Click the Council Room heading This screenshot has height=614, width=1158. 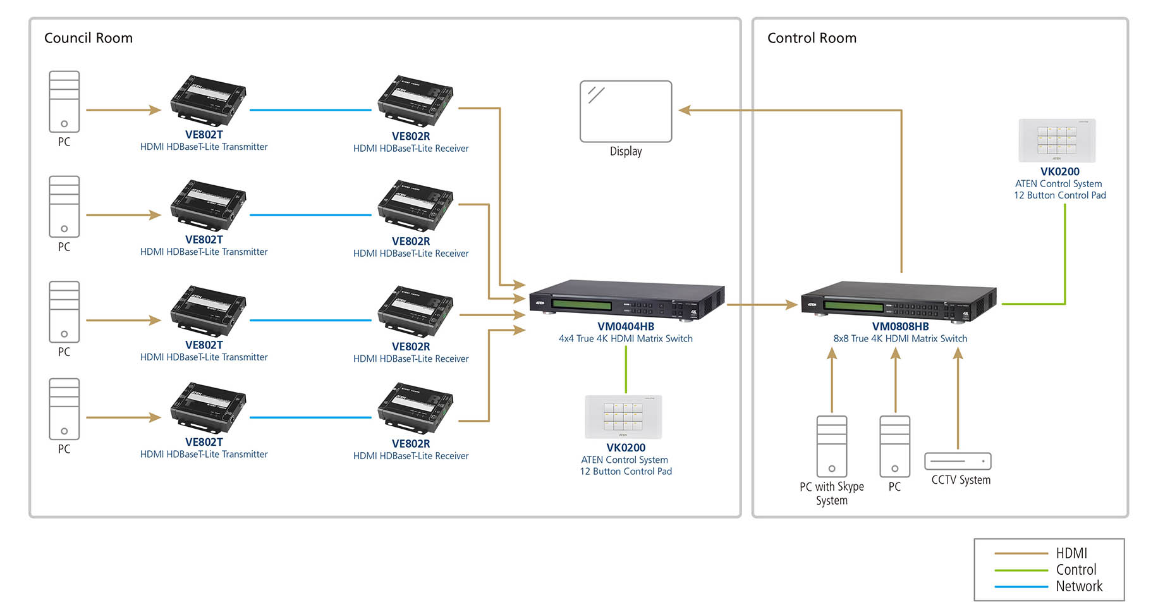click(x=88, y=38)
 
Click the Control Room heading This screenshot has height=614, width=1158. click(x=812, y=38)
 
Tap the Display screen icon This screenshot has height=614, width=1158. click(x=626, y=111)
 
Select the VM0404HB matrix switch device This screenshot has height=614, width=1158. click(x=626, y=300)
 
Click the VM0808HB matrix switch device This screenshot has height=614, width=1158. click(x=898, y=301)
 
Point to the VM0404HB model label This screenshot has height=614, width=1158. click(x=626, y=326)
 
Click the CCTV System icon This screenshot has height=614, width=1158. click(x=958, y=461)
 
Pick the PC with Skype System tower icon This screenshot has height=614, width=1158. click(x=832, y=446)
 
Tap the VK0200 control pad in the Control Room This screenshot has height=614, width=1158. click(x=1057, y=140)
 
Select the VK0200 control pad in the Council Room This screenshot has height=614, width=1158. click(x=623, y=417)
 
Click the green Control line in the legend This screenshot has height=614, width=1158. click(x=1021, y=570)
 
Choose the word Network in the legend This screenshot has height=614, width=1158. click(x=1079, y=586)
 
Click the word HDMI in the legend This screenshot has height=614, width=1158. click(x=1071, y=553)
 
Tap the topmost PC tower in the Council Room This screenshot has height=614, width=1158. click(x=64, y=101)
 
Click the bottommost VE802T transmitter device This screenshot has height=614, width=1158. click(x=208, y=407)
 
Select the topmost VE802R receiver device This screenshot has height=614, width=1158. click(x=415, y=101)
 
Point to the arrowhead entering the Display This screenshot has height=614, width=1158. click(x=685, y=110)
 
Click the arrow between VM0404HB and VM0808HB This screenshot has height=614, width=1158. click(x=762, y=305)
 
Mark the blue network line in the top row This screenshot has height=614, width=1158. click(x=310, y=110)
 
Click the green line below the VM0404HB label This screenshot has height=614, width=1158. click(x=626, y=370)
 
